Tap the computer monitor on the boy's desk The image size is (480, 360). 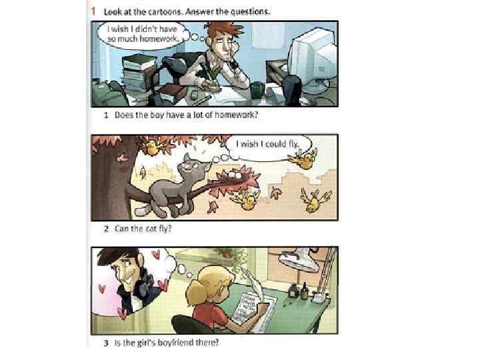tap(311, 60)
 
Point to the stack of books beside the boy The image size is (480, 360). tap(139, 73)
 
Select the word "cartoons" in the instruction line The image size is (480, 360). tap(165, 12)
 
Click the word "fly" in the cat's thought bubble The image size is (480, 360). tap(293, 144)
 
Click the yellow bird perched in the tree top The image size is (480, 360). tap(152, 146)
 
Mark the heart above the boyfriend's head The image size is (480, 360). tap(156, 254)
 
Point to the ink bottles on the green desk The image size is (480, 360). tap(297, 291)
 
